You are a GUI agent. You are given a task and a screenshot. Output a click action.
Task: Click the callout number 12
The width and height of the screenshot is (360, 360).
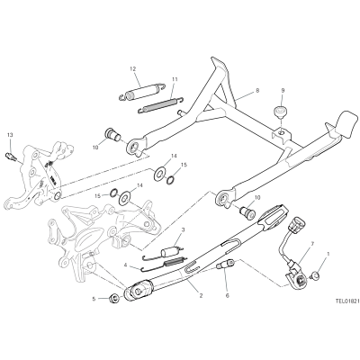tap(132, 69)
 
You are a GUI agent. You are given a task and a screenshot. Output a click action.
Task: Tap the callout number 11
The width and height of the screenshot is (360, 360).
tap(175, 79)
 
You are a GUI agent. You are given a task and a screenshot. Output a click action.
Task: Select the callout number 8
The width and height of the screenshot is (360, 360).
tap(257, 90)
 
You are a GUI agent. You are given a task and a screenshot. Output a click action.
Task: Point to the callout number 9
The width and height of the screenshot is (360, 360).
tap(283, 90)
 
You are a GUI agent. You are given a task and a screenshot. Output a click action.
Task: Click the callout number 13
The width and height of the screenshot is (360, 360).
tap(10, 135)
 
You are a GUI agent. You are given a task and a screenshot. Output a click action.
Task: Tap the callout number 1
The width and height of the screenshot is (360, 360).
tap(328, 254)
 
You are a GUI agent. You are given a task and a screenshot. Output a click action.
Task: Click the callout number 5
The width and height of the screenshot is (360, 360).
tap(94, 299)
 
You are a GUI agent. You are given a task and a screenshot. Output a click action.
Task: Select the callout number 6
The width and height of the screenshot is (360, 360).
tap(228, 296)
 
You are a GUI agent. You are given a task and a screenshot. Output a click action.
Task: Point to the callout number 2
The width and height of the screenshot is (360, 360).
tap(201, 296)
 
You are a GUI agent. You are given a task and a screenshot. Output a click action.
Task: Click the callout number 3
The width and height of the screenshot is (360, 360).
tap(184, 230)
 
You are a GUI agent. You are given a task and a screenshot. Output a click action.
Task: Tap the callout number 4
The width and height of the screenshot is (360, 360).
tap(126, 265)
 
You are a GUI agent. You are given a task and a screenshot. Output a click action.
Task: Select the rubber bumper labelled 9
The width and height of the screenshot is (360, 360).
tap(280, 112)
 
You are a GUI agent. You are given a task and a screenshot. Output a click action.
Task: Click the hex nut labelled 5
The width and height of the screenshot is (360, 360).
tap(113, 299)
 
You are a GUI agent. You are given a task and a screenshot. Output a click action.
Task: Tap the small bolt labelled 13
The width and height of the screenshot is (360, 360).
tap(11, 157)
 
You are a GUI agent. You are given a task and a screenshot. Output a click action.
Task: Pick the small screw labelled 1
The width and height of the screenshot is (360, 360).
tap(315, 274)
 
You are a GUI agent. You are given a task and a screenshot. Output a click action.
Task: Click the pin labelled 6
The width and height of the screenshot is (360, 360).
tap(225, 264)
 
